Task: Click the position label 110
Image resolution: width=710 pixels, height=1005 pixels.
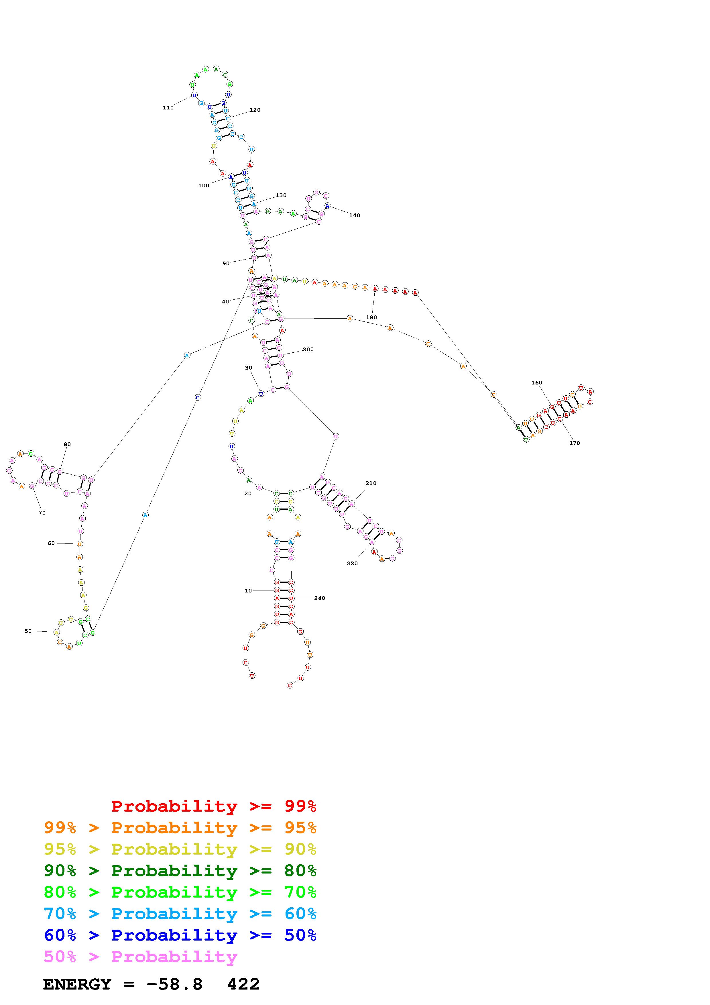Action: click(x=168, y=108)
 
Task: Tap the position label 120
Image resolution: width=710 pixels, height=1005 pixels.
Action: click(x=255, y=110)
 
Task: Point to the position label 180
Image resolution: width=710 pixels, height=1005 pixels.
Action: click(x=371, y=317)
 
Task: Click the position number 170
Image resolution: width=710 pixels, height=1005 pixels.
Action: click(x=575, y=443)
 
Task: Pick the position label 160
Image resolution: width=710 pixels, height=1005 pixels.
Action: click(x=537, y=382)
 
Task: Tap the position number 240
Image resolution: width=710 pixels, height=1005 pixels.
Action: click(x=320, y=598)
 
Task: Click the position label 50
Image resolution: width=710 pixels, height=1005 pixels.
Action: click(x=28, y=631)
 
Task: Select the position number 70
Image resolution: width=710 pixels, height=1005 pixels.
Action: click(x=42, y=513)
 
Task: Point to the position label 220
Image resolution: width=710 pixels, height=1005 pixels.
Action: click(x=352, y=563)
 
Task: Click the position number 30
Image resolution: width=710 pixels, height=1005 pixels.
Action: click(x=249, y=368)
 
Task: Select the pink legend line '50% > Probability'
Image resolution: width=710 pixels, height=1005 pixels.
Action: click(x=140, y=956)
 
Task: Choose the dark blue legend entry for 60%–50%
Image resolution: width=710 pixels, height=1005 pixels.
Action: click(x=180, y=935)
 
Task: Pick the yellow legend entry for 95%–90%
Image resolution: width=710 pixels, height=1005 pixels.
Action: click(x=180, y=849)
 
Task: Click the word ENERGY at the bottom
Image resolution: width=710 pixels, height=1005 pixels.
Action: click(x=77, y=984)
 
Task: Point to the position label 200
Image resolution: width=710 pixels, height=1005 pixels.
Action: click(x=308, y=349)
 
